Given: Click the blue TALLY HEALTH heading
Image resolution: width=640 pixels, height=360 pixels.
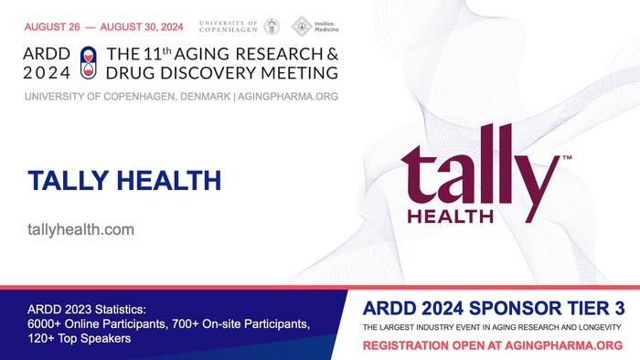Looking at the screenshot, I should pos(124,180).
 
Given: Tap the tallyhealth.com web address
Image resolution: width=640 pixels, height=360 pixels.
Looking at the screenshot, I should pos(81,229).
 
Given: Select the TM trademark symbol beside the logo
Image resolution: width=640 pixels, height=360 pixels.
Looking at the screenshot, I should pos(567,159).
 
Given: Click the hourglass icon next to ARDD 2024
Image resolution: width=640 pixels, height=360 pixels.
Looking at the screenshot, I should pos(88,60).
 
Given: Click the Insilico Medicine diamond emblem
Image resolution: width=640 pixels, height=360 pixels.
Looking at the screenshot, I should pos(300,26).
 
